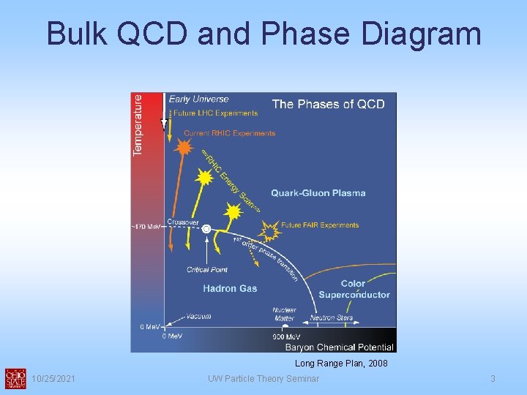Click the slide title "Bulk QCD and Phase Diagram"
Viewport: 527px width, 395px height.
pos(263,34)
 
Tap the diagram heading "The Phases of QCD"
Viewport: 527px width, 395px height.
pos(328,104)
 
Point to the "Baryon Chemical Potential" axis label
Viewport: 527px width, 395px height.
pos(339,347)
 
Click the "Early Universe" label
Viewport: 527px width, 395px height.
pos(198,99)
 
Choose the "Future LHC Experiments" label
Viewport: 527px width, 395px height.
pos(215,113)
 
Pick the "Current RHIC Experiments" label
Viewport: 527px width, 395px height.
pos(229,133)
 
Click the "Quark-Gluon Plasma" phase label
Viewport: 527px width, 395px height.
pos(318,193)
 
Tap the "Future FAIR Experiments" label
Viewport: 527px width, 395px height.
pos(320,225)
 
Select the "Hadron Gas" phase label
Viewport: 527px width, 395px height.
pos(230,288)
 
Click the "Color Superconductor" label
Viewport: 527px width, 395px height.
pos(354,289)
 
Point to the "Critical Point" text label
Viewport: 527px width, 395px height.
pos(207,270)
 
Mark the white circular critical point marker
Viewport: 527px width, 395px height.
pos(206,230)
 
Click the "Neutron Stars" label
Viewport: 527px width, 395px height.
pos(332,317)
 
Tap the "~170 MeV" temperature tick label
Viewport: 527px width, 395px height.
pos(146,227)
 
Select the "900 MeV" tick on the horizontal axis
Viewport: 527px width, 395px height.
pos(283,336)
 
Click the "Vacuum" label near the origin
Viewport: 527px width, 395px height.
pos(198,317)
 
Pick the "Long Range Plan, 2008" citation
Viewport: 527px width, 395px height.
pos(341,364)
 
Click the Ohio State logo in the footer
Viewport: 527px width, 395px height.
pos(15,377)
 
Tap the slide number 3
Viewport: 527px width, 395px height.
pos(493,378)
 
